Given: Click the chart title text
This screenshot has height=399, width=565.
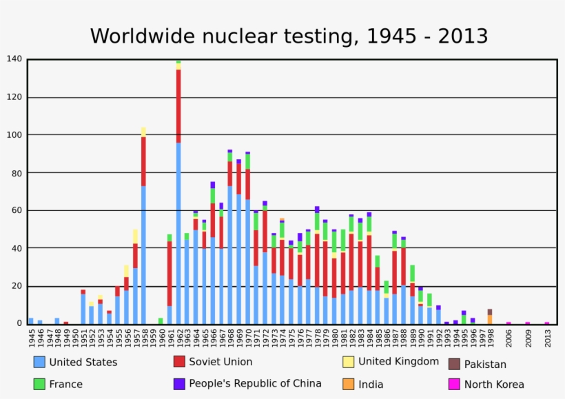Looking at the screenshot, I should pos(289,36).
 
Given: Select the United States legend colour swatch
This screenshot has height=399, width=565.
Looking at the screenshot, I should pos(39,362).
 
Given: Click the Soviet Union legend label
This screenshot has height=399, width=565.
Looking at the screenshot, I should pos(220,362).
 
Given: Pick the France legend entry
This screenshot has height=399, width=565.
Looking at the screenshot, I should pos(65,384).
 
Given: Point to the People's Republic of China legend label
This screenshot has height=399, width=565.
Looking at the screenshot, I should pos(255,384).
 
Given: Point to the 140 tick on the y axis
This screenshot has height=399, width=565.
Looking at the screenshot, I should pos(14,59).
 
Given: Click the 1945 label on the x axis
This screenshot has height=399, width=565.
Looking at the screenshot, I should pos(32,337).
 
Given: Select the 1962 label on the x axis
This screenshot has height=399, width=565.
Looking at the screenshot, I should pos(179,337).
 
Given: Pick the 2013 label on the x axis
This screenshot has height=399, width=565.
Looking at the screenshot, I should pos(547,337).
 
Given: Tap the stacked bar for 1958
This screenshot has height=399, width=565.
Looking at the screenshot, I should pos(144,227).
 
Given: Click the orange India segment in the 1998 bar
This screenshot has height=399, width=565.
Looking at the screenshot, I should pos(490,319).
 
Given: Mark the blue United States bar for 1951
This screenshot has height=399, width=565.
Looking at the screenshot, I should pos(83,309).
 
